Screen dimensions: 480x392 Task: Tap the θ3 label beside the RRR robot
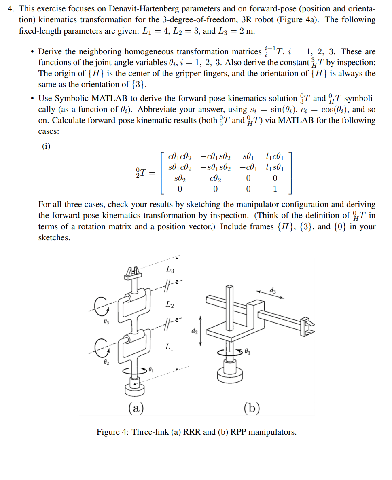(x=106, y=321)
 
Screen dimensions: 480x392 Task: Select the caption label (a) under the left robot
(x=136, y=407)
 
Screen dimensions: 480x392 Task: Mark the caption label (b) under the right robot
(x=252, y=407)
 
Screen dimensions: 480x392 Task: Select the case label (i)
(x=47, y=146)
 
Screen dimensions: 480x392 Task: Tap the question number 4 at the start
(x=11, y=8)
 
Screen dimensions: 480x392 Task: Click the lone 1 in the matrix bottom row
(x=275, y=189)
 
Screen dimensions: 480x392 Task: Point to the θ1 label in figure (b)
(x=248, y=352)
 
